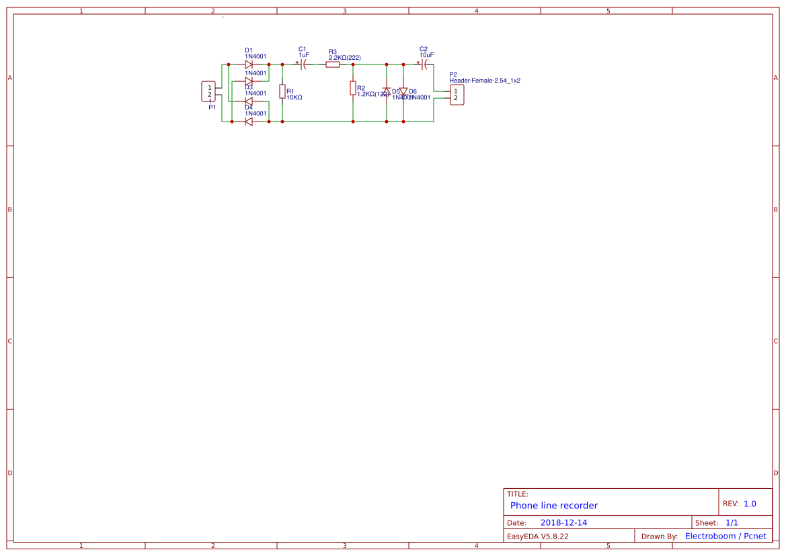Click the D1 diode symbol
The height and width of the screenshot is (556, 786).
click(249, 65)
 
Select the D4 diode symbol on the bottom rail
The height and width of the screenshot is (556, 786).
click(249, 122)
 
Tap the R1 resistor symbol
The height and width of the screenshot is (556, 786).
click(282, 93)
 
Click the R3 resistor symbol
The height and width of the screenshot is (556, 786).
click(333, 65)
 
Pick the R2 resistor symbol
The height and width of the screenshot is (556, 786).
click(353, 88)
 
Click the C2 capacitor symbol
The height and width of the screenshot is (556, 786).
click(424, 65)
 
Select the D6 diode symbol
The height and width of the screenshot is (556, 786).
click(403, 91)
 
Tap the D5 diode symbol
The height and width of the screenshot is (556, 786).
click(387, 91)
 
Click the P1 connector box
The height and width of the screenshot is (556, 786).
click(209, 91)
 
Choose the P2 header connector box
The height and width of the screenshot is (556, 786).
click(456, 95)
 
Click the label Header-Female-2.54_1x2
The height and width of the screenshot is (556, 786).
click(485, 81)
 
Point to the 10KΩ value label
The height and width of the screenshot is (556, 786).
click(294, 97)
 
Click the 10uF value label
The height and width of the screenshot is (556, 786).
click(426, 56)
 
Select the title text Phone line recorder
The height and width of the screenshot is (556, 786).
click(554, 506)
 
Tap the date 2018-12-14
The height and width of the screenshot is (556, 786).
click(563, 522)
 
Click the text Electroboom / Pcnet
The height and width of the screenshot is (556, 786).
click(725, 536)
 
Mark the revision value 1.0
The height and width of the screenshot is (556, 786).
click(750, 504)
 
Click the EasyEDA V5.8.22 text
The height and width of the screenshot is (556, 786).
click(537, 536)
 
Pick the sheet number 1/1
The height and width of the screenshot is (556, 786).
click(732, 522)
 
